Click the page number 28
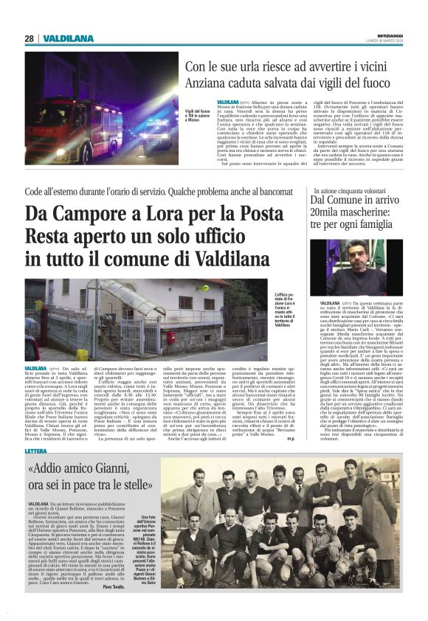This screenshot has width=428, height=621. (x=29, y=38)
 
